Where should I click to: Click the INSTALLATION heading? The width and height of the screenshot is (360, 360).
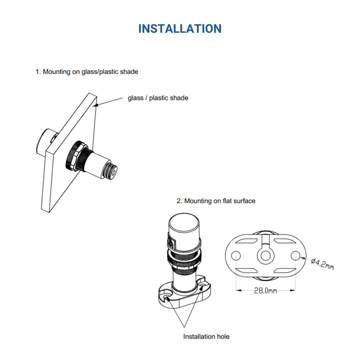pyautogui.click(x=180, y=29)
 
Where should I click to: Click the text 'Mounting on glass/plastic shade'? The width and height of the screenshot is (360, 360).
pyautogui.click(x=90, y=72)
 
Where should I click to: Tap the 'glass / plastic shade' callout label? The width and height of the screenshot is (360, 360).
pyautogui.click(x=158, y=98)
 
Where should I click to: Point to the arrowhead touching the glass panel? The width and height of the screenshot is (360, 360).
pyautogui.click(x=95, y=105)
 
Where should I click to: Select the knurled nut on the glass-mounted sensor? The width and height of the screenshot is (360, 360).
pyautogui.click(x=73, y=155)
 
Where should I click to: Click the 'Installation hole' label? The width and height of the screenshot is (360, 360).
pyautogui.click(x=206, y=337)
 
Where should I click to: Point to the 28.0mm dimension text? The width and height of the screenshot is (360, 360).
pyautogui.click(x=265, y=291)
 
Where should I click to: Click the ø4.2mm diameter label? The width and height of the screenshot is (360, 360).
pyautogui.click(x=322, y=264)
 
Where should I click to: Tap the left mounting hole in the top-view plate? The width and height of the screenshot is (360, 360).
pyautogui.click(x=236, y=256)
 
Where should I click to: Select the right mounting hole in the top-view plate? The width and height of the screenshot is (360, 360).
pyautogui.click(x=296, y=256)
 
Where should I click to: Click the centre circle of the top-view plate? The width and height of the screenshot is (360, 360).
pyautogui.click(x=265, y=256)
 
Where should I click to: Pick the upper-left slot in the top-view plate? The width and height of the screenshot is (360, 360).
pyautogui.click(x=246, y=241)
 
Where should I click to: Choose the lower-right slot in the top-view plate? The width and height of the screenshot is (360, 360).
pyautogui.click(x=285, y=270)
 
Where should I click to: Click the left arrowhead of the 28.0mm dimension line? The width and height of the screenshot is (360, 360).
pyautogui.click(x=238, y=290)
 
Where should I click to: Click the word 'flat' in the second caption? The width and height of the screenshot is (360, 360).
pyautogui.click(x=227, y=201)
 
